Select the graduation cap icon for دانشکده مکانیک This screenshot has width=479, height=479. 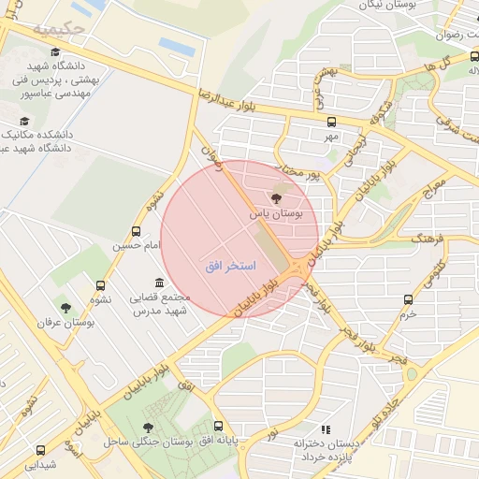tap(23, 121)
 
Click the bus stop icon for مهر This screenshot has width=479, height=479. tap(330, 121)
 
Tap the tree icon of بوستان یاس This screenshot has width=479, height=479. tap(275, 197)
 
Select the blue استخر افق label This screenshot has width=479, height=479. tap(230, 267)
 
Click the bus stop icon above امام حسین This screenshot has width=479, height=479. tap(137, 230)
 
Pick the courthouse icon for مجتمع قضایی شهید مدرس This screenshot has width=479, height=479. tap(158, 283)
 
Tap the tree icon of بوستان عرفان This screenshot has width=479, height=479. tap(65, 307)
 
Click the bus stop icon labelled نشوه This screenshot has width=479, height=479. tap(100, 285)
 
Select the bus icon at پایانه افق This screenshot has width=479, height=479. tap(218, 426)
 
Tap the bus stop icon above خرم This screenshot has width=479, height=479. tap(407, 299)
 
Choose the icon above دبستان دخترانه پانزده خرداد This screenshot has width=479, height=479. tap(326, 428)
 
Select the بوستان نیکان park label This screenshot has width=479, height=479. tap(382, 5)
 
